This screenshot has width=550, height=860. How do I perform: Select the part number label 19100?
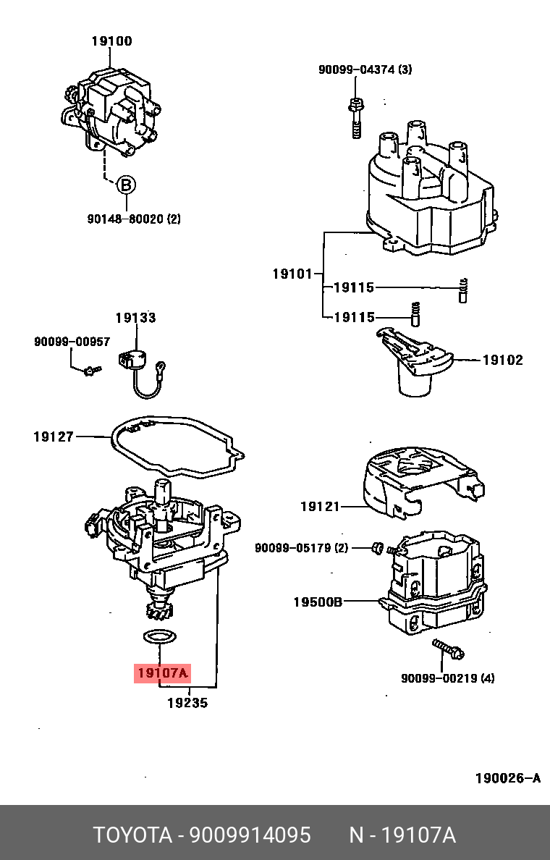111,41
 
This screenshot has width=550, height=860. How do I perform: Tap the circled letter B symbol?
126,185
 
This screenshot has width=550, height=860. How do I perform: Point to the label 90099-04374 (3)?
365,69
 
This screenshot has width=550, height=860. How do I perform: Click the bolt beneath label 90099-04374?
355,117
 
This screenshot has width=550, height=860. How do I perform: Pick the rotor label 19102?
502,360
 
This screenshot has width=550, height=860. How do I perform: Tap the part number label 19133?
135,317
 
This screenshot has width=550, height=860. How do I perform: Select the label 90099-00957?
72,341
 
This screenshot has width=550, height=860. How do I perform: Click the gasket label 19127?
53,437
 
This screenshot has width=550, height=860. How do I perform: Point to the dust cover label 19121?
320,507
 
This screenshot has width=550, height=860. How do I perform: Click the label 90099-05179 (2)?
301,548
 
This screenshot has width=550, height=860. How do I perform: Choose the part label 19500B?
318,601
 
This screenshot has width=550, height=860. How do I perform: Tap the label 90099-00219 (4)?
448,678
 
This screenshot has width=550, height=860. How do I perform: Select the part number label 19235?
187,702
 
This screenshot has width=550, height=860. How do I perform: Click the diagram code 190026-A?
507,778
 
